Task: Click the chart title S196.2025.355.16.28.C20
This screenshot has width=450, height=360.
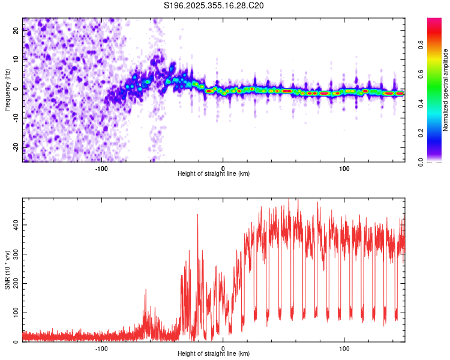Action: [214, 5]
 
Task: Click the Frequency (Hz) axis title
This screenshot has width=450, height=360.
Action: [7, 90]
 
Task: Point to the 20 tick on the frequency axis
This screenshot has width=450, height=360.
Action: [16, 30]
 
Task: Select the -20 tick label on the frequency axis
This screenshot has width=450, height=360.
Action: [16, 148]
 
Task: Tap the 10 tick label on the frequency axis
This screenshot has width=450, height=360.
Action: [16, 59]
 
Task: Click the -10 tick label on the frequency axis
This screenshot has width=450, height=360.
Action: [16, 118]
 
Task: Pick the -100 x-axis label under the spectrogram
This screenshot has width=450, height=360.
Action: [101, 169]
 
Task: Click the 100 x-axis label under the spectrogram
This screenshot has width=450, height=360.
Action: [344, 169]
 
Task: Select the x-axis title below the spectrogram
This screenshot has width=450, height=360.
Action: [214, 173]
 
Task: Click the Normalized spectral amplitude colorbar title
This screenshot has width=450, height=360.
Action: [445, 90]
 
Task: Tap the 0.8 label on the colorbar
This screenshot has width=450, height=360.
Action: [421, 45]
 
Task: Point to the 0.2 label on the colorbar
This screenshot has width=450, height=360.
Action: [421, 133]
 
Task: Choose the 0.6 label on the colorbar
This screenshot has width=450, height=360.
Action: [421, 74]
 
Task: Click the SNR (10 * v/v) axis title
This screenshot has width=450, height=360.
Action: [7, 270]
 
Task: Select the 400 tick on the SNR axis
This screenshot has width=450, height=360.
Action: [16, 225]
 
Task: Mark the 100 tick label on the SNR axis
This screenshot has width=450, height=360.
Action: [16, 313]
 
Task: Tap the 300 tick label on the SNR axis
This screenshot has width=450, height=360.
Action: [16, 254]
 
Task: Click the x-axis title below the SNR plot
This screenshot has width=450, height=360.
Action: [214, 353]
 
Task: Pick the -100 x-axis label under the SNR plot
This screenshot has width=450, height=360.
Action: [101, 349]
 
